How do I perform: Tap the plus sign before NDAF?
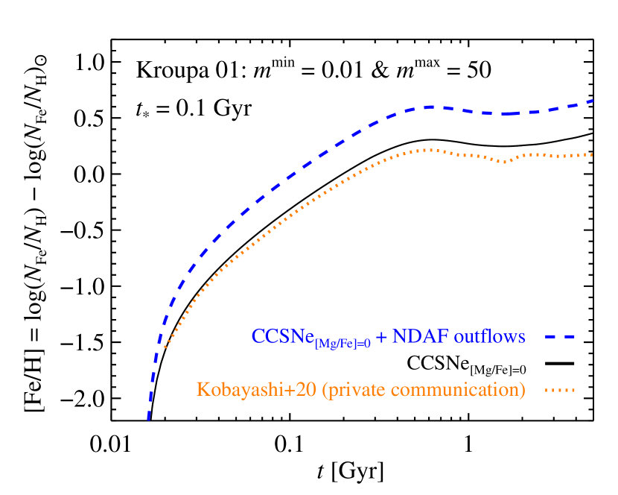click(381, 337)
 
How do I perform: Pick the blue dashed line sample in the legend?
click(559, 337)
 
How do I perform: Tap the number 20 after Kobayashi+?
click(308, 390)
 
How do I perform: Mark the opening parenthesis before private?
click(325, 390)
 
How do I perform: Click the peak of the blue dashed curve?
click(430, 107)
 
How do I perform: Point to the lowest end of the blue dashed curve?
click(148, 420)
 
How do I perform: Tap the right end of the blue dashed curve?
click(593, 100)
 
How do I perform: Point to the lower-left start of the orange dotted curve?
click(163, 347)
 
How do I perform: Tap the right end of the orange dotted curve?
click(592, 155)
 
